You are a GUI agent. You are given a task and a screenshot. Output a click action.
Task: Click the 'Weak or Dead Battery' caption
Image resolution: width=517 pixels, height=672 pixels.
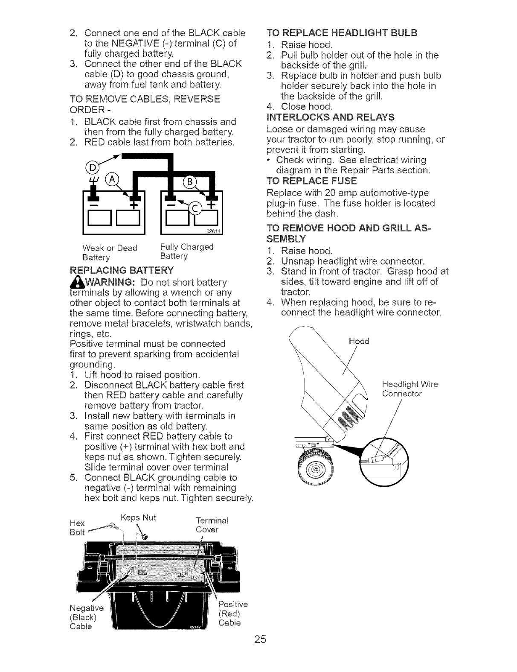[110, 252]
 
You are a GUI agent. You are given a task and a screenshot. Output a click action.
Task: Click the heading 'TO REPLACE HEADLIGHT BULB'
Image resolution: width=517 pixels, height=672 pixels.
[341, 33]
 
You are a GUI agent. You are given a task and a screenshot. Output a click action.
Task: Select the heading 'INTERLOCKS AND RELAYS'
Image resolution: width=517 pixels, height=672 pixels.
[330, 117]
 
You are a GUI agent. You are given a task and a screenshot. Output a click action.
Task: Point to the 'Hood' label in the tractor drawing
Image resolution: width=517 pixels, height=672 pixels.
[358, 341]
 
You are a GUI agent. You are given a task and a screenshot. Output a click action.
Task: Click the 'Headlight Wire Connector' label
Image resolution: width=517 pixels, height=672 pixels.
[410, 389]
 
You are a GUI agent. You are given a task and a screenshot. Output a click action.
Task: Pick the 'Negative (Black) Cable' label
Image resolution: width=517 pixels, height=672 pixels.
[85, 617]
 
